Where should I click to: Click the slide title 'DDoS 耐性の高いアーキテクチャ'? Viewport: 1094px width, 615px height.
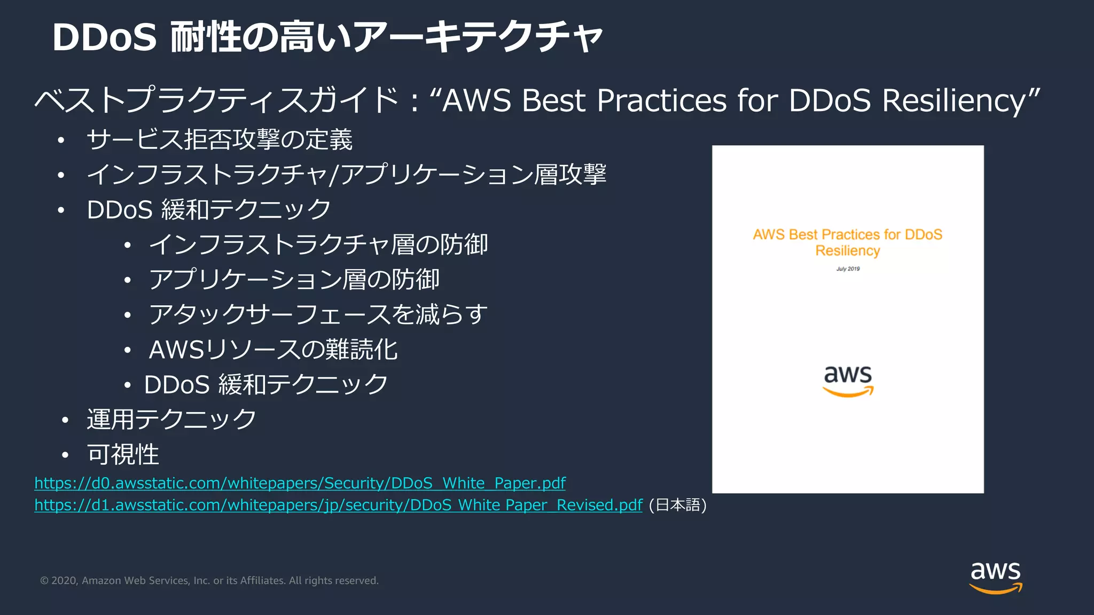click(x=327, y=37)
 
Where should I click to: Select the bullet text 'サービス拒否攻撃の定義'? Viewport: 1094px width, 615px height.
click(x=220, y=140)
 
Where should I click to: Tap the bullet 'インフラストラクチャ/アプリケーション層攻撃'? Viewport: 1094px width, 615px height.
click(x=346, y=175)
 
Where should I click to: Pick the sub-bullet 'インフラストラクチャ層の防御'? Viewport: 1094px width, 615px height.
click(x=318, y=245)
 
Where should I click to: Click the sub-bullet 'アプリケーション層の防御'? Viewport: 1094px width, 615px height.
click(x=294, y=280)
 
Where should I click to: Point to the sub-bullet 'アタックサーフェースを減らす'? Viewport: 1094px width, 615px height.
click(x=318, y=314)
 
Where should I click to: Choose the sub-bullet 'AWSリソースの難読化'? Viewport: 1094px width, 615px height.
click(x=273, y=350)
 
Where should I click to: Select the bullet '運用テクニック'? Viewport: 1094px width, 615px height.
click(x=171, y=420)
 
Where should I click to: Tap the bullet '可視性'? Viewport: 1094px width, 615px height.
click(x=123, y=454)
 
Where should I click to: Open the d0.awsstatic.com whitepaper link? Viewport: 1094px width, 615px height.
click(x=300, y=483)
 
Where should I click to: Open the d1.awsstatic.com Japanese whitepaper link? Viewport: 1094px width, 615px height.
click(x=338, y=505)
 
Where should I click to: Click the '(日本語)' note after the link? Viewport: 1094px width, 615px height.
click(x=677, y=505)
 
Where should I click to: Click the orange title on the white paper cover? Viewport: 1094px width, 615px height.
click(x=847, y=242)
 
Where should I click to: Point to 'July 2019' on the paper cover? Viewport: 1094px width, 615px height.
click(x=848, y=269)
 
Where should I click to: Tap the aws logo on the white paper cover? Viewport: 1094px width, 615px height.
click(x=848, y=381)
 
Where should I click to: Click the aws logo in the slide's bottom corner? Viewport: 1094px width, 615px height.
click(x=996, y=577)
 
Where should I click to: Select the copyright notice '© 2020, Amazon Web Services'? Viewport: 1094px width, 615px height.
click(x=209, y=581)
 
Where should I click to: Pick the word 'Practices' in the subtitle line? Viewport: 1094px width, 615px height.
click(x=661, y=100)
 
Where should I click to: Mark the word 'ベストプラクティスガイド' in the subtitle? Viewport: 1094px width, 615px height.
click(x=216, y=100)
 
